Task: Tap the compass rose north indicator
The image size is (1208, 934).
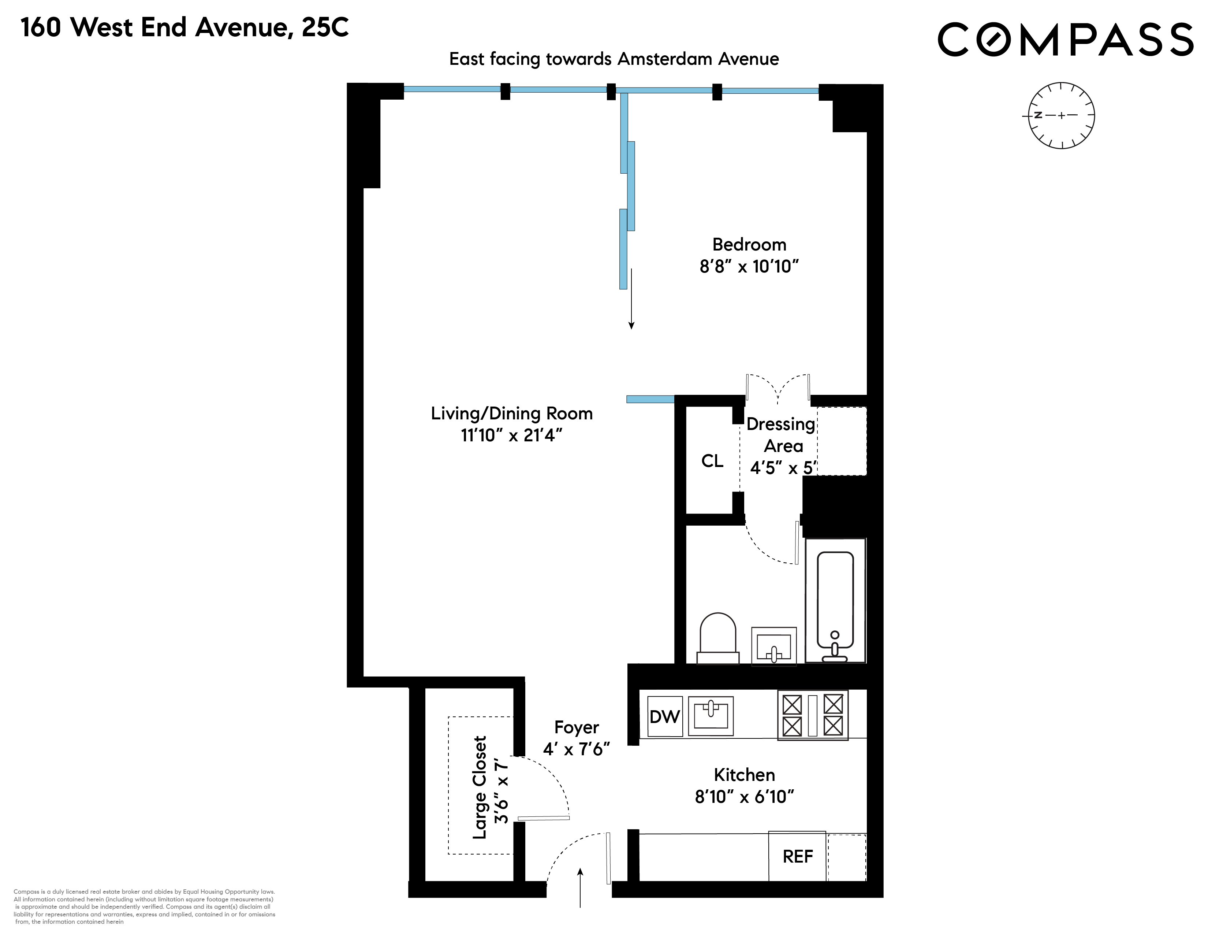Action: [1038, 115]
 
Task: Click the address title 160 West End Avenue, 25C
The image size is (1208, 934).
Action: [185, 28]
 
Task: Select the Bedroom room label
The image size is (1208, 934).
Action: [749, 245]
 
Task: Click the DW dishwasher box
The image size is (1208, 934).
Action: [664, 716]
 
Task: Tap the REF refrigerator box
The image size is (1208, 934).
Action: [797, 857]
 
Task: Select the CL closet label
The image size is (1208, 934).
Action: [712, 461]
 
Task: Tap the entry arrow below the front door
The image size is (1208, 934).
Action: [580, 888]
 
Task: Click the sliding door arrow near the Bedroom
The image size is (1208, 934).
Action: [631, 299]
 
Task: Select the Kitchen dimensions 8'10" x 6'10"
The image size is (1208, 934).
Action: [744, 797]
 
